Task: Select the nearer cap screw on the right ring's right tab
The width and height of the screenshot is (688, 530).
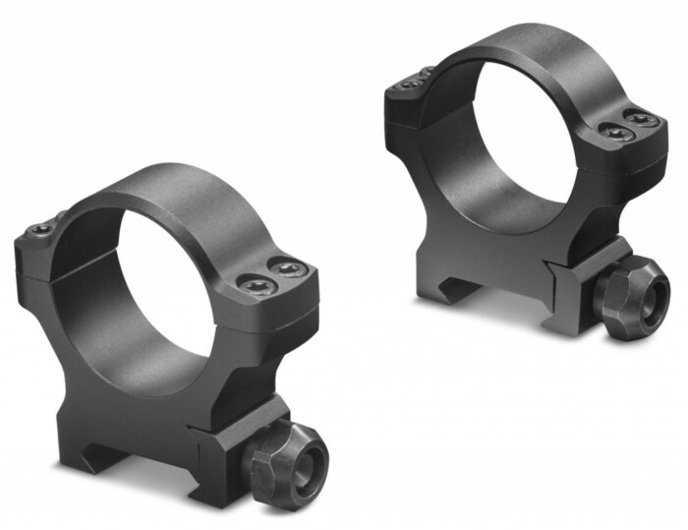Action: [x=615, y=132]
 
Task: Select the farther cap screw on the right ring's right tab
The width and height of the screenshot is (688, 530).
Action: [x=641, y=119]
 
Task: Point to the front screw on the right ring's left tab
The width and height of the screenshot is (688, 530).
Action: [x=410, y=87]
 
